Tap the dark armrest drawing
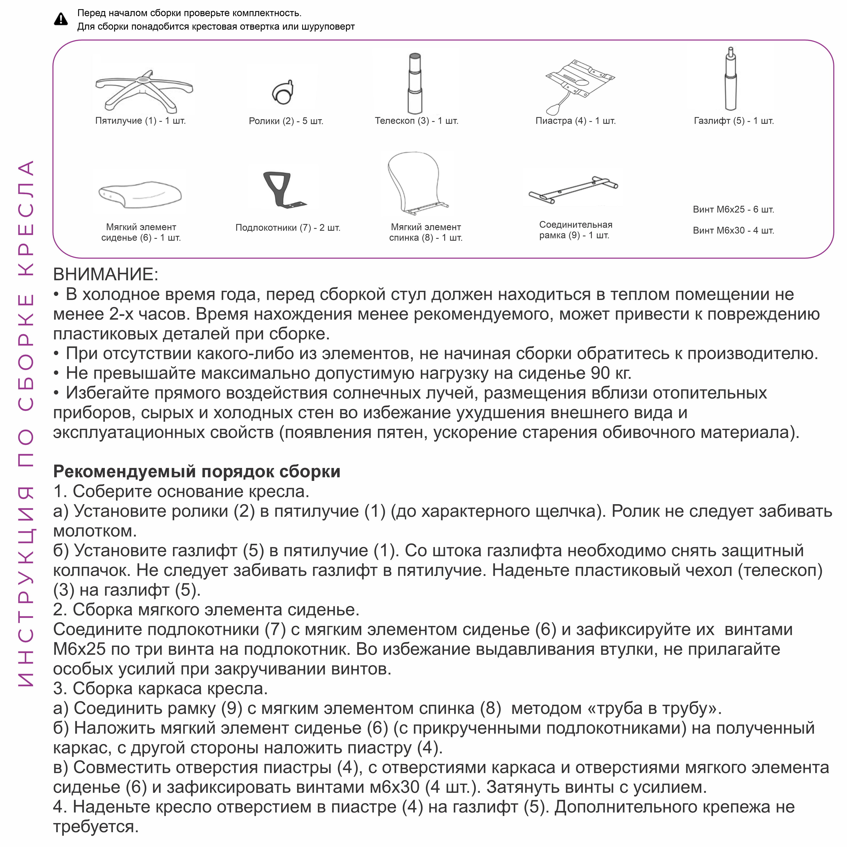point(281,189)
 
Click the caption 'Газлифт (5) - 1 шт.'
point(734,121)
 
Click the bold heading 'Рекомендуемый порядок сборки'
point(197,472)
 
